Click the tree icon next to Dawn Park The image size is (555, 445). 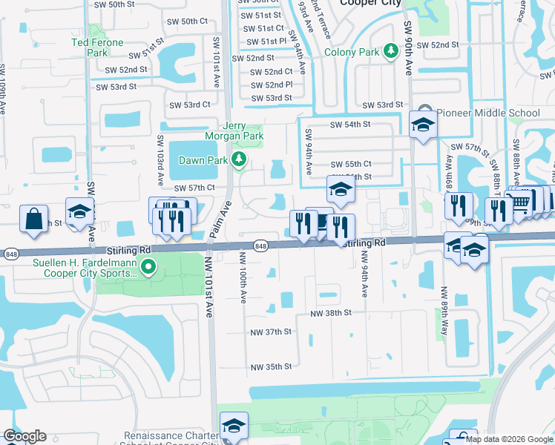[238, 159]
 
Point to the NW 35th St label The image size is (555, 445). [271, 367]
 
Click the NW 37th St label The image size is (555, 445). [271, 332]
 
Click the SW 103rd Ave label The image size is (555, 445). [160, 161]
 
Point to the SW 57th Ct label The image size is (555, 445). [189, 188]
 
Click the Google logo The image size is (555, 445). [24, 436]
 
